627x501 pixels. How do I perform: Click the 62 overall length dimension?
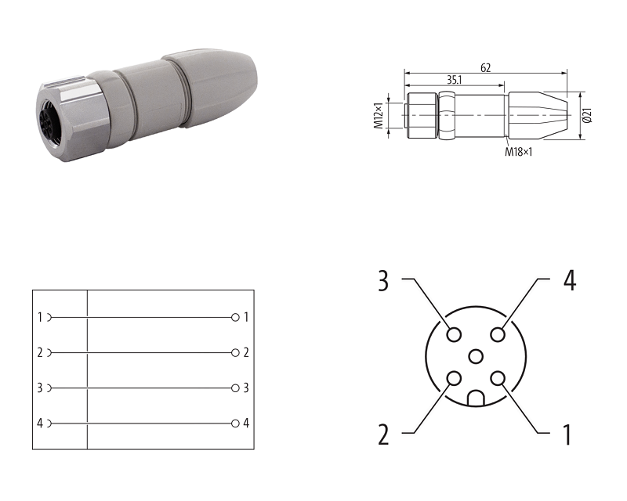(x=485, y=68)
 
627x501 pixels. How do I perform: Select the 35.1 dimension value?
(x=455, y=80)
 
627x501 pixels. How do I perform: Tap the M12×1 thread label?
(x=379, y=115)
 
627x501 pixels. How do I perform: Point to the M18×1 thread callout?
(x=519, y=152)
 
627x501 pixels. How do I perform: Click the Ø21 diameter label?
(x=587, y=115)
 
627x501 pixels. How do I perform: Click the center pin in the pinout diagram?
(x=476, y=356)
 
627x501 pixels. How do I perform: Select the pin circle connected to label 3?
(x=454, y=334)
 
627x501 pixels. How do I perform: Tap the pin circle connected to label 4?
(x=498, y=334)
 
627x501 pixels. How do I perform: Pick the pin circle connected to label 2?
(x=454, y=378)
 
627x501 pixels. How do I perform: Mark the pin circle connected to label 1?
(x=498, y=378)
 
